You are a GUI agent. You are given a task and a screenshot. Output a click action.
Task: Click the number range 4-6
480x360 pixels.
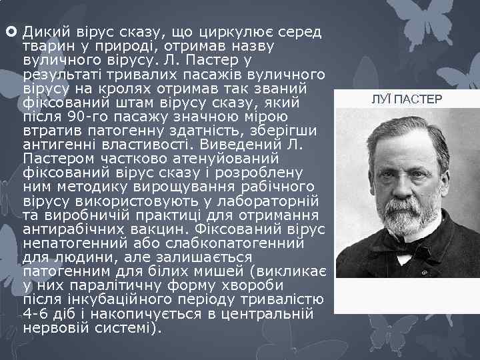[x=35, y=313]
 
